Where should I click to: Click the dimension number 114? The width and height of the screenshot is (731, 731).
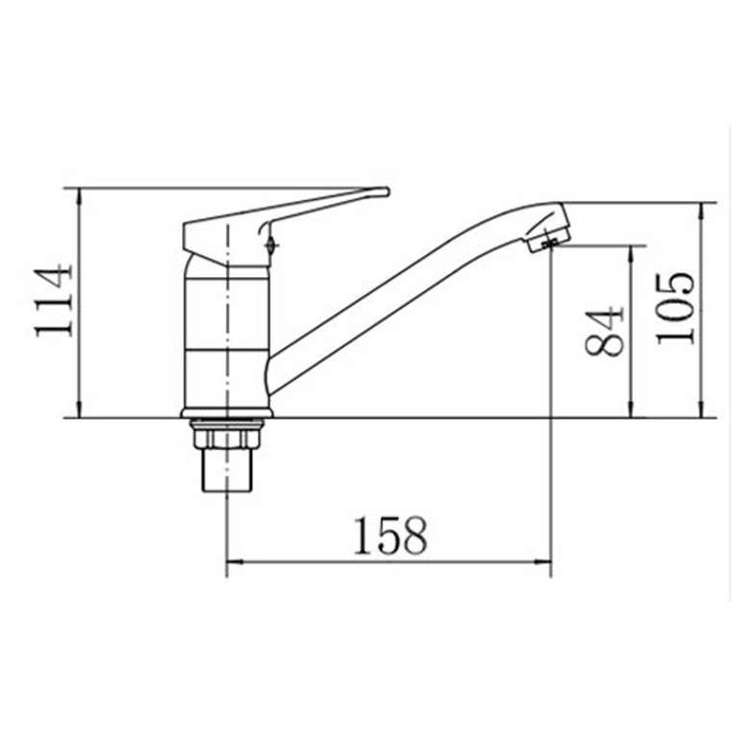[x=54, y=301]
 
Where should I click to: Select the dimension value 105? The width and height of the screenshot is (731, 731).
[x=675, y=309]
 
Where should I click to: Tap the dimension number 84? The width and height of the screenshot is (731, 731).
[x=604, y=332]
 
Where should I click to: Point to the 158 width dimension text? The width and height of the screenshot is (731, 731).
[x=391, y=536]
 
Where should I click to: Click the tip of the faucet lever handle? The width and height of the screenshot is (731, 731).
[x=386, y=191]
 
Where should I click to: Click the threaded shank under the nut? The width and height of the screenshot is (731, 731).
[x=227, y=470]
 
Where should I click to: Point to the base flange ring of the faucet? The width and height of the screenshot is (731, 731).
[x=227, y=413]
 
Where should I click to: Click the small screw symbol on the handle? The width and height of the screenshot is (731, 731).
[x=271, y=243]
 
